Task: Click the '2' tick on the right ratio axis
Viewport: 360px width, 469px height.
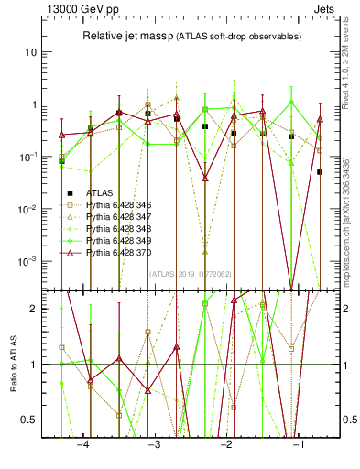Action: (x=344, y=309)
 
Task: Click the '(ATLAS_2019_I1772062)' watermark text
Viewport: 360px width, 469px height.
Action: (x=190, y=274)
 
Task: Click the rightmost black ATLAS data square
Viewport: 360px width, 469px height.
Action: (x=320, y=171)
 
